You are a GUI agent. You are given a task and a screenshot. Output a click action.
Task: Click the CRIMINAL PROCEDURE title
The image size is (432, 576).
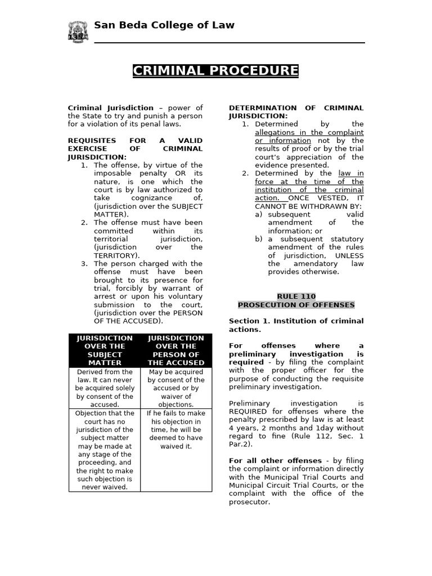pyautogui.click(x=215, y=71)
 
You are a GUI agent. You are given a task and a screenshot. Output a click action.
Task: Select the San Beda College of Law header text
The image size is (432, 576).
pyautogui.click(x=164, y=25)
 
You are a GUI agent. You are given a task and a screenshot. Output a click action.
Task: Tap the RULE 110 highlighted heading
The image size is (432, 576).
pyautogui.click(x=296, y=296)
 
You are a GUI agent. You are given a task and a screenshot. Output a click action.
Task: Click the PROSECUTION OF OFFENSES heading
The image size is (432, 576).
pyautogui.click(x=296, y=305)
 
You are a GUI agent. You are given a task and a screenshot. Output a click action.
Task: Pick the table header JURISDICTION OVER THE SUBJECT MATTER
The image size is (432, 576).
pyautogui.click(x=105, y=350)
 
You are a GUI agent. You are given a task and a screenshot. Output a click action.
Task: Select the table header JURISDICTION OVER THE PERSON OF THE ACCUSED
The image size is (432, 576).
pyautogui.click(x=176, y=350)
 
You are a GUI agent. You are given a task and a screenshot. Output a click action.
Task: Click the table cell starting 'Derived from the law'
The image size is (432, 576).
pyautogui.click(x=105, y=388)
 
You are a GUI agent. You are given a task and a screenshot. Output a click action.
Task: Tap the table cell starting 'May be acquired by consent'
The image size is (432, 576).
pyautogui.click(x=176, y=388)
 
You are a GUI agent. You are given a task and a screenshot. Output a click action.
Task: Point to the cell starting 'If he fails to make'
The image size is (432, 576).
pyautogui.click(x=176, y=430)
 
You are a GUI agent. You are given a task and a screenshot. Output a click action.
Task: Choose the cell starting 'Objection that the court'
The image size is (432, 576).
pyautogui.click(x=105, y=450)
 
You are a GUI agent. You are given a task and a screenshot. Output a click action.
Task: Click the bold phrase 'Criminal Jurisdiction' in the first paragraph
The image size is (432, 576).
pyautogui.click(x=110, y=108)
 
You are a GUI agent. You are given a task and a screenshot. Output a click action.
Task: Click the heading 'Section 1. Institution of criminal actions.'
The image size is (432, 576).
pyautogui.click(x=296, y=325)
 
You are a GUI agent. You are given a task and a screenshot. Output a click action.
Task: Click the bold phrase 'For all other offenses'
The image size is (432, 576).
pyautogui.click(x=276, y=461)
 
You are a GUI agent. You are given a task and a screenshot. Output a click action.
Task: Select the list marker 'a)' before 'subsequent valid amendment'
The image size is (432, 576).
pyautogui.click(x=259, y=214)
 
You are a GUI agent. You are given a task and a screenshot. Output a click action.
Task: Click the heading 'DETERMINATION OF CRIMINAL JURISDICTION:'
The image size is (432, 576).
pyautogui.click(x=296, y=112)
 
